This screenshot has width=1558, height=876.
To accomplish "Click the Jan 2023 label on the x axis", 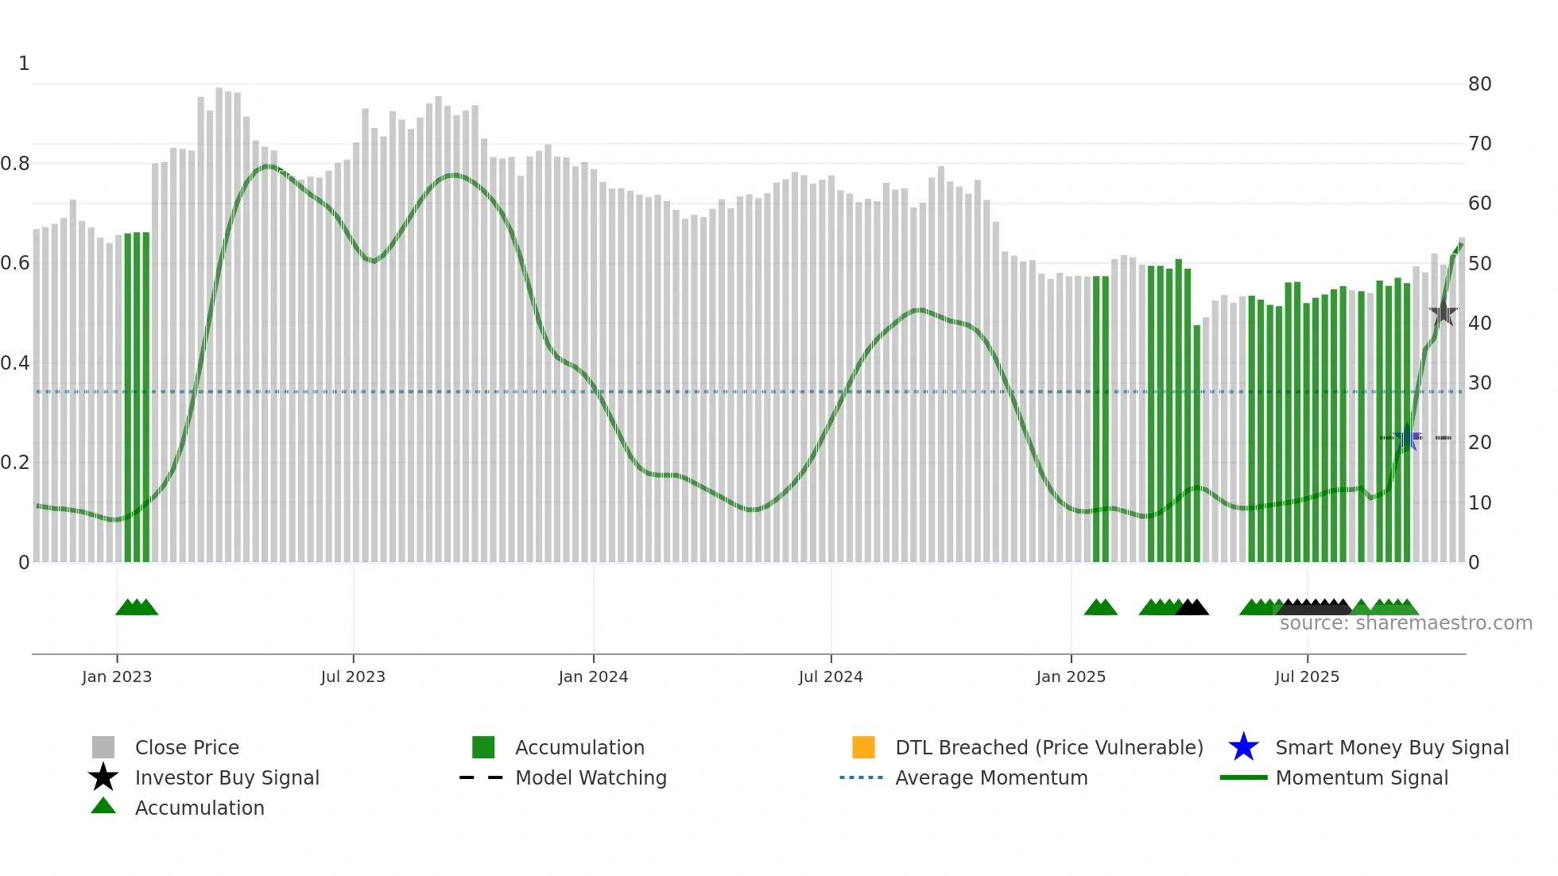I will [x=117, y=676].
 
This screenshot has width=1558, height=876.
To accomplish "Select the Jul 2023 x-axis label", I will [x=353, y=676].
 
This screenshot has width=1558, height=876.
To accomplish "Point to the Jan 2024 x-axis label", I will [x=593, y=676].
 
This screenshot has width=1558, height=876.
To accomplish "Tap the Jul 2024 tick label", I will [x=831, y=676].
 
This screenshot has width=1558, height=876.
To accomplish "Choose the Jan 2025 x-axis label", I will [x=1071, y=676].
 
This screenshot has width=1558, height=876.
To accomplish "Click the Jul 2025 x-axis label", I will [x=1307, y=676].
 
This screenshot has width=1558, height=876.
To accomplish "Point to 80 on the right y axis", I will [x=1479, y=84].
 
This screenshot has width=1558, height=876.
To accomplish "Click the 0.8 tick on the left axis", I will [x=15, y=164].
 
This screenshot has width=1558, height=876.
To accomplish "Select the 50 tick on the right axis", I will [x=1479, y=263].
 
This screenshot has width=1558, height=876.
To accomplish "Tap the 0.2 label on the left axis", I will [x=15, y=463].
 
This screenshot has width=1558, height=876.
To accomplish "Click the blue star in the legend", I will [x=1243, y=747].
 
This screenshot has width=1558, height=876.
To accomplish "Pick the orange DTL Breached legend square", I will [x=863, y=747].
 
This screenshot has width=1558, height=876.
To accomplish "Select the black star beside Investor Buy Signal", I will [x=103, y=777].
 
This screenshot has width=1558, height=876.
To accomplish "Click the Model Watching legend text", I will [x=591, y=777].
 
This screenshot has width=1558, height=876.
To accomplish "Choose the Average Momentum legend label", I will [x=991, y=777].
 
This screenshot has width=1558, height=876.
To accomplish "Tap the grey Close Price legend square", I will [x=103, y=747].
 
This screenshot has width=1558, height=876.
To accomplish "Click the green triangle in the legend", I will [x=103, y=806].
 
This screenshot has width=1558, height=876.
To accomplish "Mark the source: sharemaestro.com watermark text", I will [x=1405, y=623].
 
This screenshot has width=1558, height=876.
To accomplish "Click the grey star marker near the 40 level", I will [x=1444, y=312].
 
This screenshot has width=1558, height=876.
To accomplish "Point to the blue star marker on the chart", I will [x=1408, y=437].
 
